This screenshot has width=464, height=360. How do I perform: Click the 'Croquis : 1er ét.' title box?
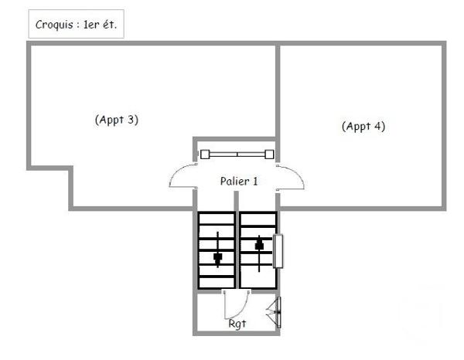(x=76, y=24)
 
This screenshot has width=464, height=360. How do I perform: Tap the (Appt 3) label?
(x=116, y=120)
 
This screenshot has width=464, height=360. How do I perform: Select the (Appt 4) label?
(x=363, y=126)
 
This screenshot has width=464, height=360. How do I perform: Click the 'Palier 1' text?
(x=239, y=181)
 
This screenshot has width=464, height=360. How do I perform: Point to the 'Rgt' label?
(x=237, y=324)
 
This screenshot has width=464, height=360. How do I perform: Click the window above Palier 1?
(x=237, y=154)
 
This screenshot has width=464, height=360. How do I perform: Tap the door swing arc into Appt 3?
(x=180, y=179)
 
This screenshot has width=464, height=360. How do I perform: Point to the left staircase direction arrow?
(x=218, y=248)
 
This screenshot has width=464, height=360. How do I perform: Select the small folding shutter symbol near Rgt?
(x=274, y=312)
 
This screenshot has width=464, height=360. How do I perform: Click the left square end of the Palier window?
(x=205, y=154)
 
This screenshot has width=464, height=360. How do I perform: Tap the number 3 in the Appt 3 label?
(x=132, y=120)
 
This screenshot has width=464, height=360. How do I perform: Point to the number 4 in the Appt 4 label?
(x=378, y=126)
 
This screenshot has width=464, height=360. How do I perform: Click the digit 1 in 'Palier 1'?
(x=254, y=181)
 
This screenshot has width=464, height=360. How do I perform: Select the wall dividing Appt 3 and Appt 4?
(x=278, y=93)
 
